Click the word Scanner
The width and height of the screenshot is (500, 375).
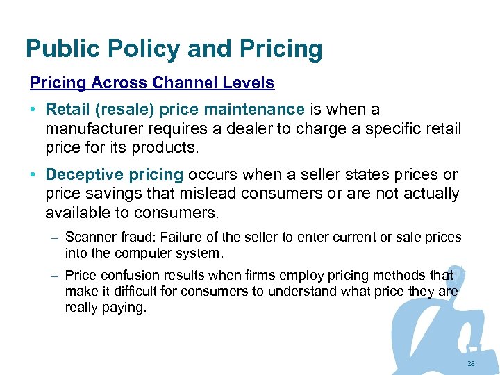[88, 237]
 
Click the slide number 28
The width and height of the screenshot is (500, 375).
[471, 364]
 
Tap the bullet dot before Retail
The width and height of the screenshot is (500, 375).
[33, 110]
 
